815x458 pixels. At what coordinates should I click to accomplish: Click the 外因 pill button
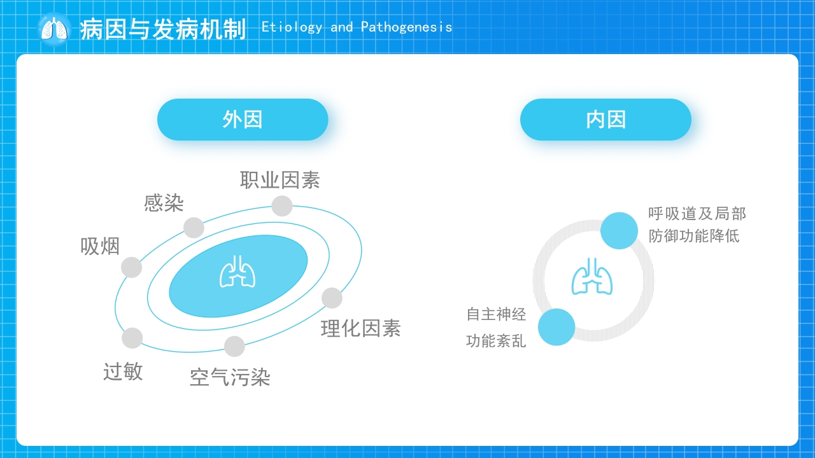pyautogui.click(x=243, y=120)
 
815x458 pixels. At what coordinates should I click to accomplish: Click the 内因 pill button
pyautogui.click(x=606, y=120)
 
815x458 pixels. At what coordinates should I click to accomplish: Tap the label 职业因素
pyautogui.click(x=280, y=180)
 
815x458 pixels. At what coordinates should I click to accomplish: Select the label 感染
pyautogui.click(x=164, y=203)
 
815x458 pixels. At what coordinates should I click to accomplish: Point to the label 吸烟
pyautogui.click(x=100, y=246)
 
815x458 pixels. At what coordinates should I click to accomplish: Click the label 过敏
pyautogui.click(x=123, y=371)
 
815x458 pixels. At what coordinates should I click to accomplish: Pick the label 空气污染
pyautogui.click(x=230, y=377)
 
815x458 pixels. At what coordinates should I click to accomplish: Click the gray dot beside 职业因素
pyautogui.click(x=282, y=206)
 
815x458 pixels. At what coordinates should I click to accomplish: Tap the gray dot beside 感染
pyautogui.click(x=194, y=228)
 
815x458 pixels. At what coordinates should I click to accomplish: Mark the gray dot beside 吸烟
pyautogui.click(x=131, y=268)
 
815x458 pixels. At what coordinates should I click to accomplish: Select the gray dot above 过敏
pyautogui.click(x=132, y=338)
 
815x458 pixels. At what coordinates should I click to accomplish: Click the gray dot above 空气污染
pyautogui.click(x=235, y=347)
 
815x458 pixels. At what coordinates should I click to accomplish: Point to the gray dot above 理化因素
pyautogui.click(x=332, y=298)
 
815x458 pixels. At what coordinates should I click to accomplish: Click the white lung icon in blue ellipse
pyautogui.click(x=237, y=272)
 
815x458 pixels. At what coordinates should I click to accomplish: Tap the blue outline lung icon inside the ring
pyautogui.click(x=592, y=276)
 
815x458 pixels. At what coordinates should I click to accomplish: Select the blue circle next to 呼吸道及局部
pyautogui.click(x=620, y=231)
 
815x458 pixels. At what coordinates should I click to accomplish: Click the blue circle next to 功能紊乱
pyautogui.click(x=556, y=327)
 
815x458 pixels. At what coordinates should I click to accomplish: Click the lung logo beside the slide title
pyautogui.click(x=54, y=29)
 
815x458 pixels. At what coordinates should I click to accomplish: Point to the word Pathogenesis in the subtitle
pyautogui.click(x=406, y=27)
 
